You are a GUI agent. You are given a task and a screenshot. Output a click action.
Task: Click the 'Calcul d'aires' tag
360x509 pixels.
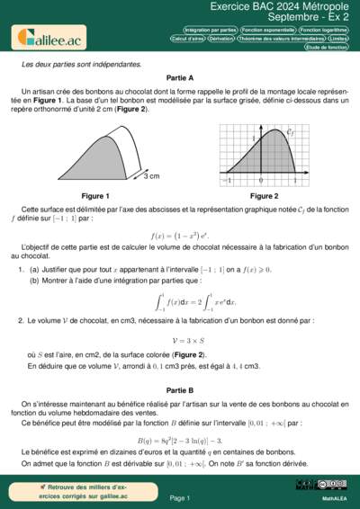pyautogui.click(x=189, y=39)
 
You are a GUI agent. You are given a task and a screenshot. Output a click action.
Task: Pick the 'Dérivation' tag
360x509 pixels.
pyautogui.click(x=228, y=39)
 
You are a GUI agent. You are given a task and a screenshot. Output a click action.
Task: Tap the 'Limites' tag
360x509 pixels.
pyautogui.click(x=338, y=39)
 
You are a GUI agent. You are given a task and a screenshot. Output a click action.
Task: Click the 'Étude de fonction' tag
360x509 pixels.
pyautogui.click(x=326, y=48)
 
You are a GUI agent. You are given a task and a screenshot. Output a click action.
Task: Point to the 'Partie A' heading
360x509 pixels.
pyautogui.click(x=180, y=79)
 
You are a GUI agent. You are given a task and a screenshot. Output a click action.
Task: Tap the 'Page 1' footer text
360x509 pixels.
pyautogui.click(x=180, y=497)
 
